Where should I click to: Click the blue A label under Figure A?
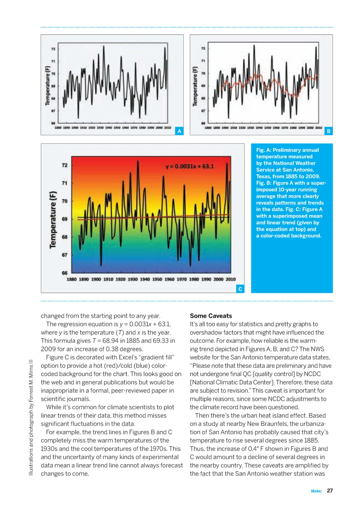(179, 131)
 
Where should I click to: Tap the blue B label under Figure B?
(329, 131)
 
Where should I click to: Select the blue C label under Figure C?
(240, 289)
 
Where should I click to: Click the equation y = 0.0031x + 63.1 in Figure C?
(189, 166)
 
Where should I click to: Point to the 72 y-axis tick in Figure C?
(65, 165)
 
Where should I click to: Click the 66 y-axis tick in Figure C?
(65, 273)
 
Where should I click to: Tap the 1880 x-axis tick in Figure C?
(72, 279)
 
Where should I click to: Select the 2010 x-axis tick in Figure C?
(231, 279)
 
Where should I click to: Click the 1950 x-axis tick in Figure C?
(157, 279)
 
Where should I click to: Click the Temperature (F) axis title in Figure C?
(53, 220)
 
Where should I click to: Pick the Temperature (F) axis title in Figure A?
(47, 86)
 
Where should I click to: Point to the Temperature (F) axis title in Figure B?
(195, 86)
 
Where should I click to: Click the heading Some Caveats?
(211, 316)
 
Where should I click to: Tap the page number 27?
(330, 490)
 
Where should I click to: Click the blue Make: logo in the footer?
(316, 491)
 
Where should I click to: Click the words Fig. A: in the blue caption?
(264, 150)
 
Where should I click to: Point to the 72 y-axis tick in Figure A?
(53, 49)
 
